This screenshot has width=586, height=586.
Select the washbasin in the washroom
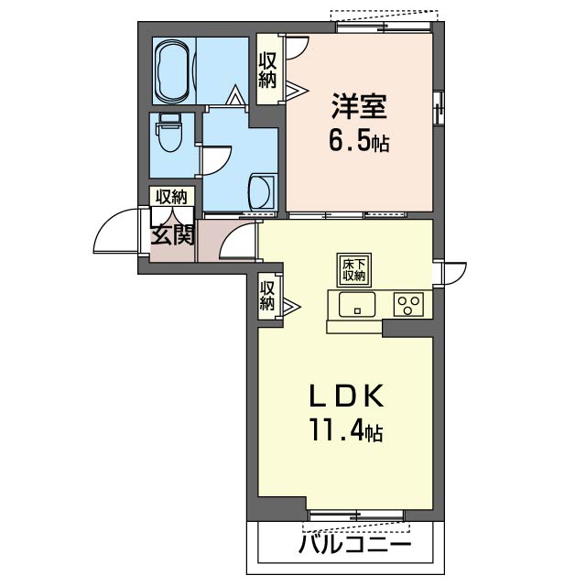point(259,190)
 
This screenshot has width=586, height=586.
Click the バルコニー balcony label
point(353,547)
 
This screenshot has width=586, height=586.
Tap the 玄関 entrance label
point(172,235)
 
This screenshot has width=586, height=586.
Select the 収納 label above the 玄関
point(171,196)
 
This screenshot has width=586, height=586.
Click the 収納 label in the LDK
point(267,295)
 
